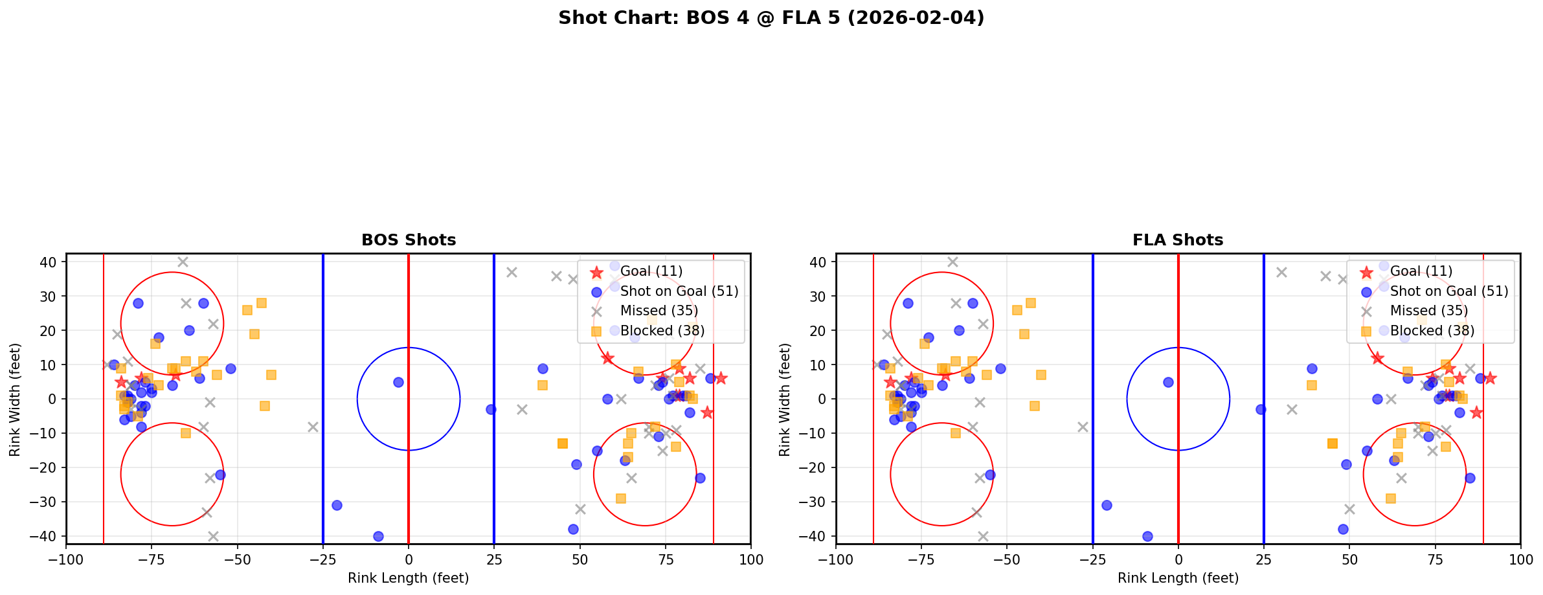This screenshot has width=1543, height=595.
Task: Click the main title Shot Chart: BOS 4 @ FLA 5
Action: tap(771, 17)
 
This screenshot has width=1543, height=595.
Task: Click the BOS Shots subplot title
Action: tap(409, 240)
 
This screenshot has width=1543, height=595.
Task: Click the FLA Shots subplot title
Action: tap(1178, 240)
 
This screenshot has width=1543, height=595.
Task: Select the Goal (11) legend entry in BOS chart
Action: tap(651, 271)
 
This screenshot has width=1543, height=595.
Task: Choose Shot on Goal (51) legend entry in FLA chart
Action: tap(1448, 291)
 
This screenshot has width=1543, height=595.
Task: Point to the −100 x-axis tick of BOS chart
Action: tap(66, 559)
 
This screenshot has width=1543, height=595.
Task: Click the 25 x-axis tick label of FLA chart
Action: tap(1264, 559)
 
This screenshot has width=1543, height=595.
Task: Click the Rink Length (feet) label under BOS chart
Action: tap(409, 578)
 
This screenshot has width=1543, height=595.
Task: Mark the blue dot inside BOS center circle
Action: tap(398, 382)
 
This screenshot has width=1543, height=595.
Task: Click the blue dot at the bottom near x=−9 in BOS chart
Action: tap(378, 536)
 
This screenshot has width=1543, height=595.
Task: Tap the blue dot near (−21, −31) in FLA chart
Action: tap(1107, 505)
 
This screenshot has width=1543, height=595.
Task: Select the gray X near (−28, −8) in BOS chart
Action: tap(313, 427)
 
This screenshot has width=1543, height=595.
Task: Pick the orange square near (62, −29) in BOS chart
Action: tap(620, 499)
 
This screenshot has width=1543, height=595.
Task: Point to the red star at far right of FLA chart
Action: tap(1489, 378)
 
